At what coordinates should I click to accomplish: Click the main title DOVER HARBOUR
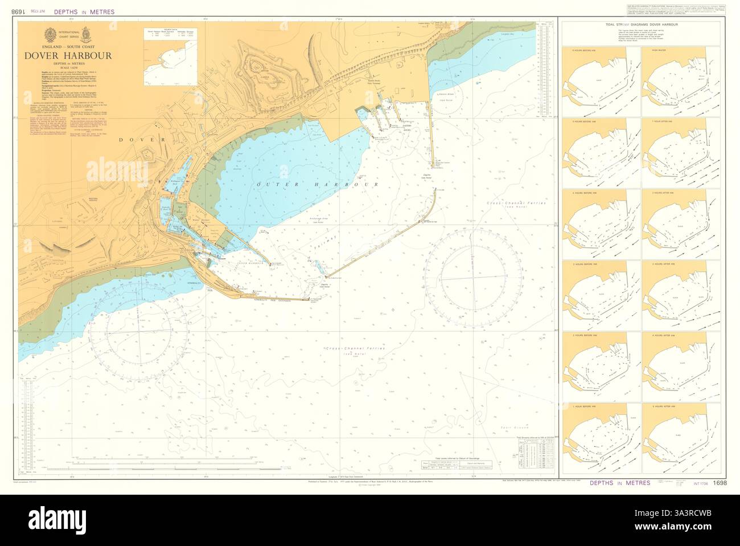(x=68, y=56)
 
